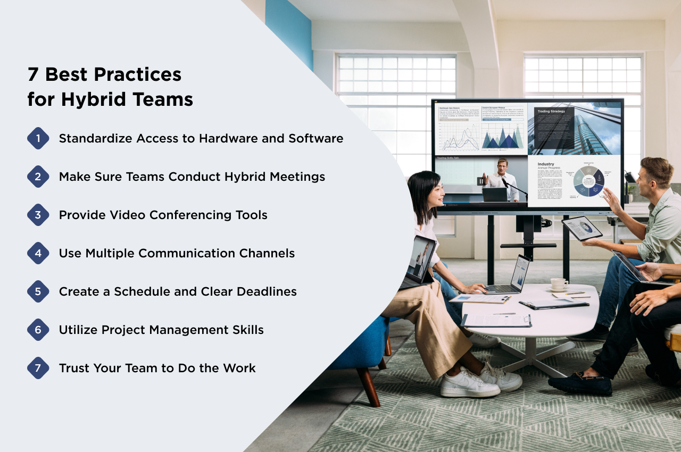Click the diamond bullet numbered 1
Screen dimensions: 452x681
tap(38, 138)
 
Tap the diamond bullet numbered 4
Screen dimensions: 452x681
tap(38, 253)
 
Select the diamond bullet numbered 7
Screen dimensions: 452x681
tap(38, 368)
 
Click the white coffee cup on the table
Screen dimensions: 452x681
tap(558, 283)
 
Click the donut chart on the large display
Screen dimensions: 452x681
tap(588, 181)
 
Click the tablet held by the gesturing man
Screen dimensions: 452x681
tap(582, 228)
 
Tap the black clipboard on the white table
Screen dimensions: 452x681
tap(553, 304)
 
